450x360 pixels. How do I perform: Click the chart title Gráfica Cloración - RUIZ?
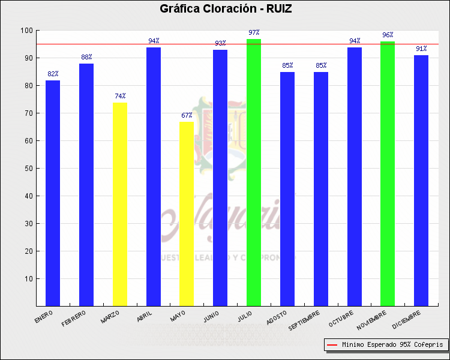(226, 8)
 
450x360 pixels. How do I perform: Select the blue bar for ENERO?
(53, 192)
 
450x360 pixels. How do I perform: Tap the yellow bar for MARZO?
(120, 204)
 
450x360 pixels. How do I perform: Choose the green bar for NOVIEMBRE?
(388, 173)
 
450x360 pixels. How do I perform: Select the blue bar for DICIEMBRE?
(421, 180)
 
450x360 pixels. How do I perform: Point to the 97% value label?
(254, 32)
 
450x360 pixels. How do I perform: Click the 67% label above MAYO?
(187, 115)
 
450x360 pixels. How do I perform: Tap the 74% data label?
(120, 96)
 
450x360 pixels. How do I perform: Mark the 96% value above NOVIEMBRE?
(388, 35)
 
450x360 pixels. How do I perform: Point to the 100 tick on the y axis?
(26, 31)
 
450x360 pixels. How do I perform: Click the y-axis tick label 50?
(28, 169)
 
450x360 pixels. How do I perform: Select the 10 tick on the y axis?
(28, 279)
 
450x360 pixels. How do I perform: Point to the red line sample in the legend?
(332, 345)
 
